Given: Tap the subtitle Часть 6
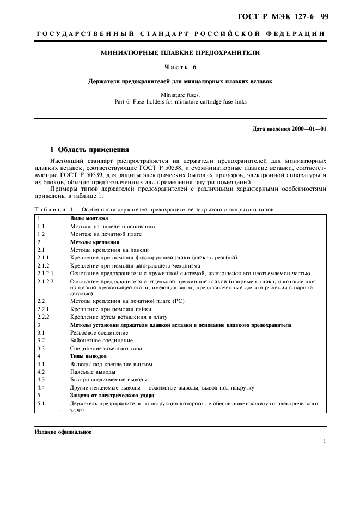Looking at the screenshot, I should [180, 67].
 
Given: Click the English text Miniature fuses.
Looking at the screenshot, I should [180, 95].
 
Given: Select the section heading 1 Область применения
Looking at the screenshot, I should [89, 149].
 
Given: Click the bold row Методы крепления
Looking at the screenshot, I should [95, 241].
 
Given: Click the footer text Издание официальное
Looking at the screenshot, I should [63, 432].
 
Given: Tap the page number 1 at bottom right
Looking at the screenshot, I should [325, 442].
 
